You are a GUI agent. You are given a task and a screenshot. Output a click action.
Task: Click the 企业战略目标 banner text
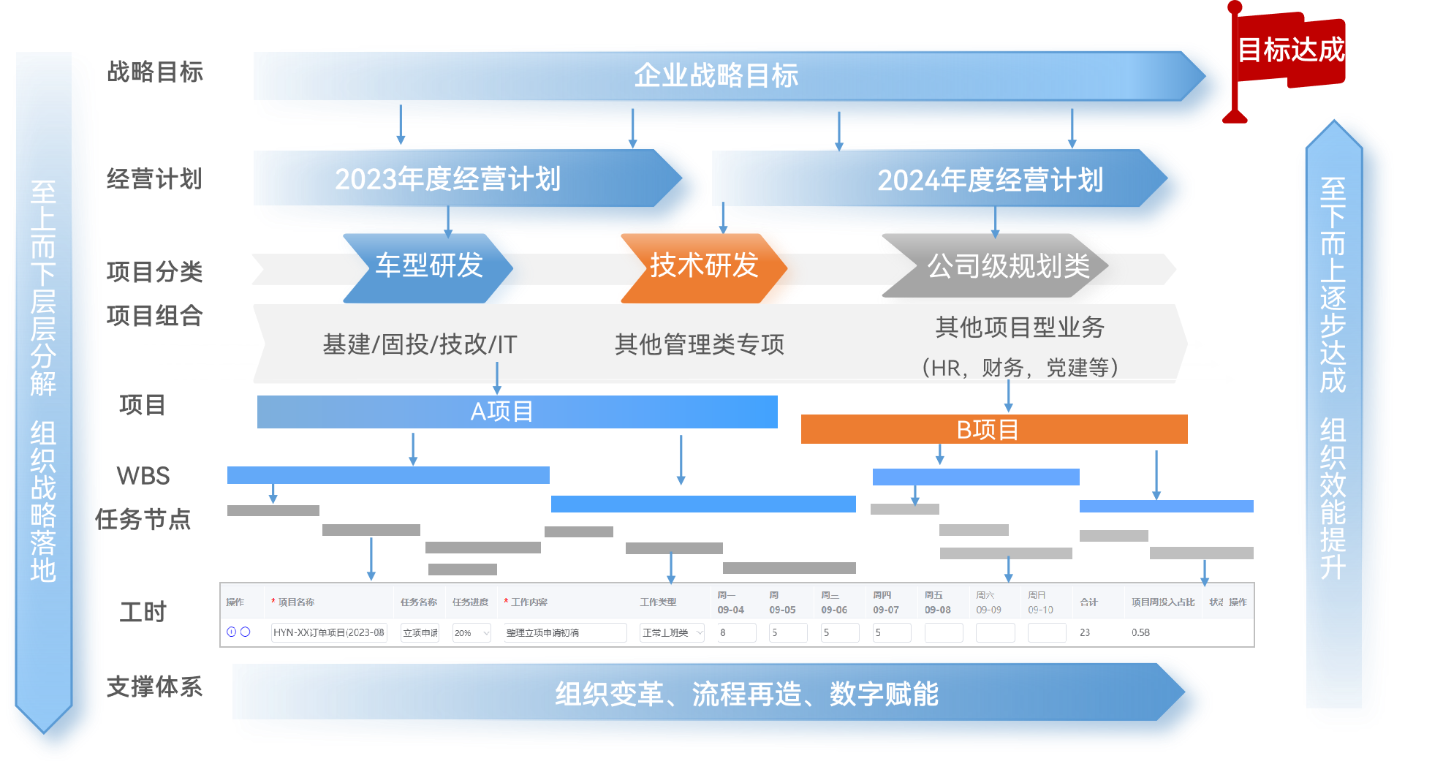[716, 75]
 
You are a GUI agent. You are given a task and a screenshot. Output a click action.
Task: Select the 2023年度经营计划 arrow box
[447, 179]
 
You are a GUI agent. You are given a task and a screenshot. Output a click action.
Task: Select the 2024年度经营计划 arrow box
[990, 181]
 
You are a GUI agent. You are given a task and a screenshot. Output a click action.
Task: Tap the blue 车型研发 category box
[429, 266]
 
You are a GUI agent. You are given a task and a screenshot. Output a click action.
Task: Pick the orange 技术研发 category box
[703, 266]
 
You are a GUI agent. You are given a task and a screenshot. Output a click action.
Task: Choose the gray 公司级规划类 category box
[1008, 267]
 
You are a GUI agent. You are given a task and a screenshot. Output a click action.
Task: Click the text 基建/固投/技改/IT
[420, 344]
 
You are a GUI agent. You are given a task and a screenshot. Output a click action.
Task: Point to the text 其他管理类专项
[699, 344]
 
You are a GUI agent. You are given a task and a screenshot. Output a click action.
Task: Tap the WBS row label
[143, 476]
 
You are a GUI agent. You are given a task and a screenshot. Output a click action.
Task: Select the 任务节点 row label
[145, 520]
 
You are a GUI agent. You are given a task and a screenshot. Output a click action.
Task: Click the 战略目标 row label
[155, 72]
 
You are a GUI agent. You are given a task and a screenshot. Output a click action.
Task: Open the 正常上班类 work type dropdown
[671, 632]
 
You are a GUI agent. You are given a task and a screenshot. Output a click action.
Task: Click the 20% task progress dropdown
[471, 632]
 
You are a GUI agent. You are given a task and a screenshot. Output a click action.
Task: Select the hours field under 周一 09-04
[735, 632]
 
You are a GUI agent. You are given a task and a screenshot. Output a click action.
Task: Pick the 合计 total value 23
[1085, 632]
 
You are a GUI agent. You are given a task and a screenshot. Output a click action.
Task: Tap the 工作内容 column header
[529, 602]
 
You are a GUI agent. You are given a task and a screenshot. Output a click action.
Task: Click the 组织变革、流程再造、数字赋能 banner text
[746, 694]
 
